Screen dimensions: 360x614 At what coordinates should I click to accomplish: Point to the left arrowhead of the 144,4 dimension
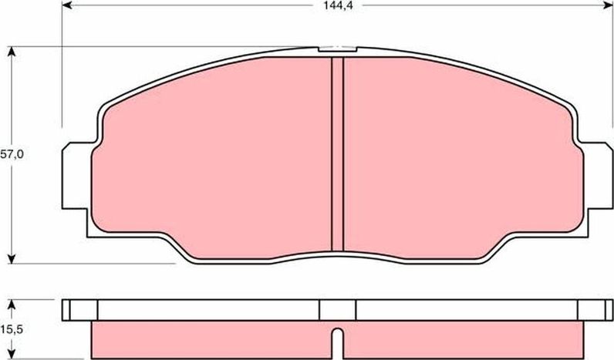tap(67, 7)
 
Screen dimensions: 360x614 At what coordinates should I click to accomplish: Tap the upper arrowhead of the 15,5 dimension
tap(12, 302)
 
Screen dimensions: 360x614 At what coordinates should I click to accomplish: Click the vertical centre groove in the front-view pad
tap(337, 154)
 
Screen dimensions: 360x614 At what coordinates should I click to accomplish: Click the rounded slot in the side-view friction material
tap(337, 340)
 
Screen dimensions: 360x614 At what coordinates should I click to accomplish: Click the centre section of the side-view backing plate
tap(337, 309)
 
